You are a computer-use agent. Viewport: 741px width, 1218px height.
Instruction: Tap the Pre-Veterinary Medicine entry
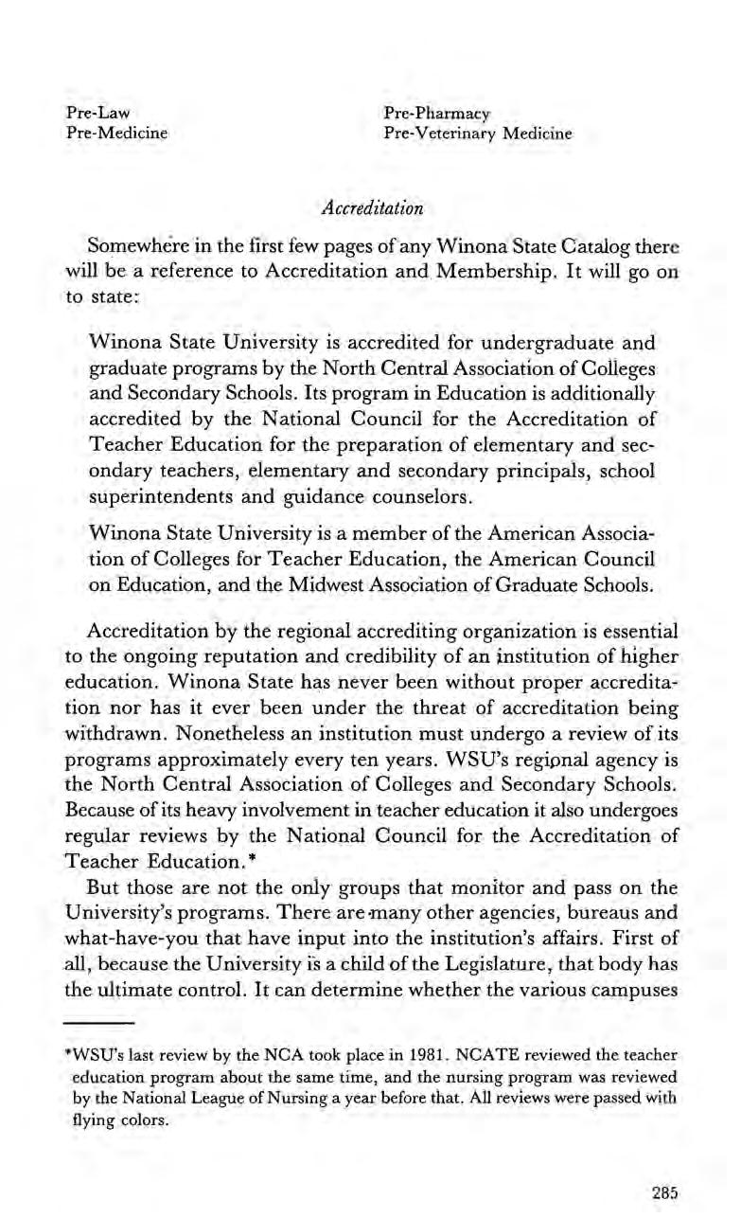(x=478, y=134)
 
